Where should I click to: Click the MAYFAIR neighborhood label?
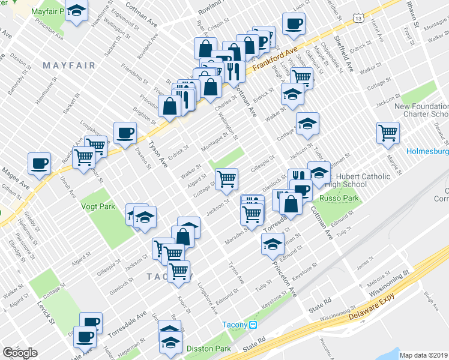tap(69, 65)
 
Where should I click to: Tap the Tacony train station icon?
tap(253, 325)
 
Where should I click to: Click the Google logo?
tap(20, 352)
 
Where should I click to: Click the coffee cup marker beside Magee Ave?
tap(40, 164)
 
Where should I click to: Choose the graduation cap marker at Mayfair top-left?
tap(77, 11)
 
